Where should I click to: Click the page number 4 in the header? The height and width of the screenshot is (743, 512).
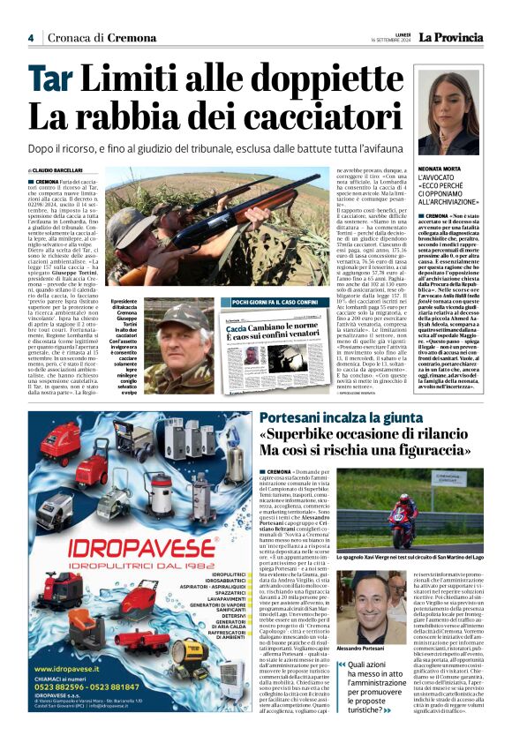[30, 38]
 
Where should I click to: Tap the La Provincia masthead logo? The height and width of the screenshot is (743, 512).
[451, 37]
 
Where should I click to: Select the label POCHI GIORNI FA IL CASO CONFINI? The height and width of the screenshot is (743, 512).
[275, 302]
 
